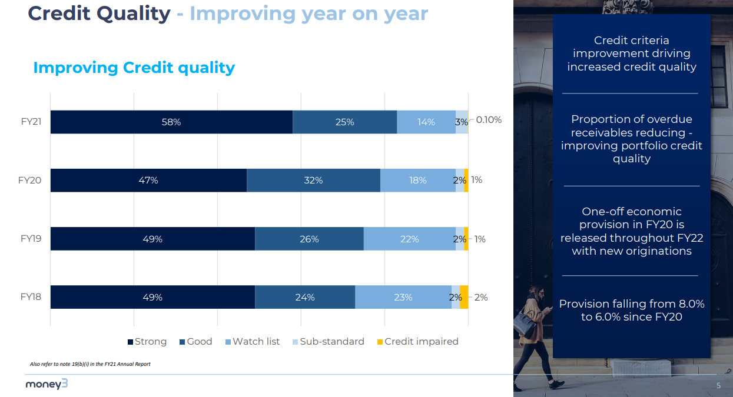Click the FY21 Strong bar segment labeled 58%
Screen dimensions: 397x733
pyautogui.click(x=171, y=122)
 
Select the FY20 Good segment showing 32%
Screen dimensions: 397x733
pyautogui.click(x=313, y=180)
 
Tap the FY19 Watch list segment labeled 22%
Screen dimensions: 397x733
pyautogui.click(x=409, y=239)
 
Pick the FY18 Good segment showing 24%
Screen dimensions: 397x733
pyautogui.click(x=305, y=297)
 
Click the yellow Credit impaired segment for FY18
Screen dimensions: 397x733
pyautogui.click(x=464, y=297)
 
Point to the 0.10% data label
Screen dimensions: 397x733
pyautogui.click(x=489, y=120)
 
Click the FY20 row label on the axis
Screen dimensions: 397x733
pyautogui.click(x=30, y=180)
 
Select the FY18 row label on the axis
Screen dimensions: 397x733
pyautogui.click(x=31, y=297)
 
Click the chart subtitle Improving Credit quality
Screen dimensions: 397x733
pyautogui.click(x=134, y=68)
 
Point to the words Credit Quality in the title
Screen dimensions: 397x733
pyautogui.click(x=99, y=13)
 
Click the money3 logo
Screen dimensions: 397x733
pyautogui.click(x=47, y=385)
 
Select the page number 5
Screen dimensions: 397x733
pyautogui.click(x=718, y=385)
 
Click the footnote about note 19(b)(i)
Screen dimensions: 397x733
pyautogui.click(x=90, y=364)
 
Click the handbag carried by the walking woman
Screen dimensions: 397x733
pyautogui.click(x=523, y=322)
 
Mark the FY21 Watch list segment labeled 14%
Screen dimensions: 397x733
pyautogui.click(x=426, y=122)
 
